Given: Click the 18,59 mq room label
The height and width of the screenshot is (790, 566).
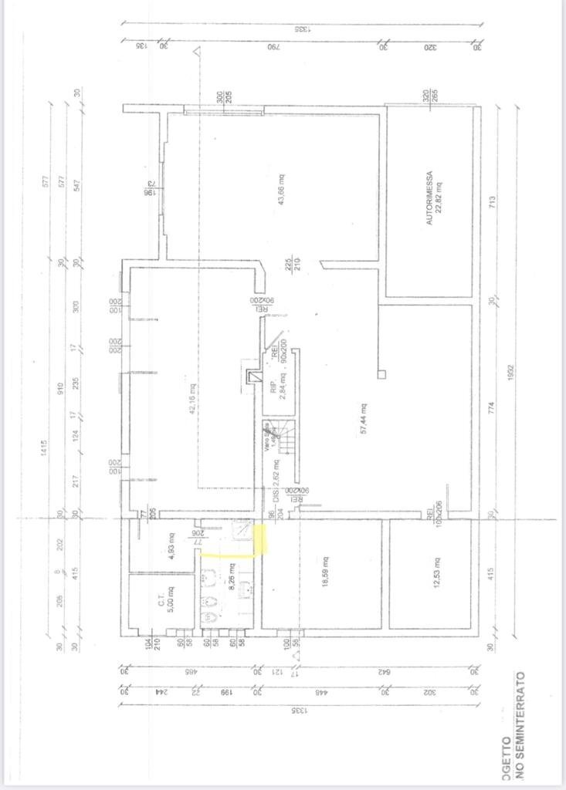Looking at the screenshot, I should [x=327, y=572].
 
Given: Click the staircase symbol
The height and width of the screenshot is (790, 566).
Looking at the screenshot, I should [x=287, y=441].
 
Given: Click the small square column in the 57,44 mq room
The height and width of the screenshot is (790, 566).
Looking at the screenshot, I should [x=381, y=374].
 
